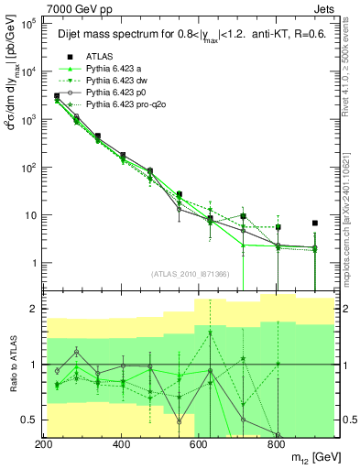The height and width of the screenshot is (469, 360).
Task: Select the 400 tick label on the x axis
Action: coord(121,444)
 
